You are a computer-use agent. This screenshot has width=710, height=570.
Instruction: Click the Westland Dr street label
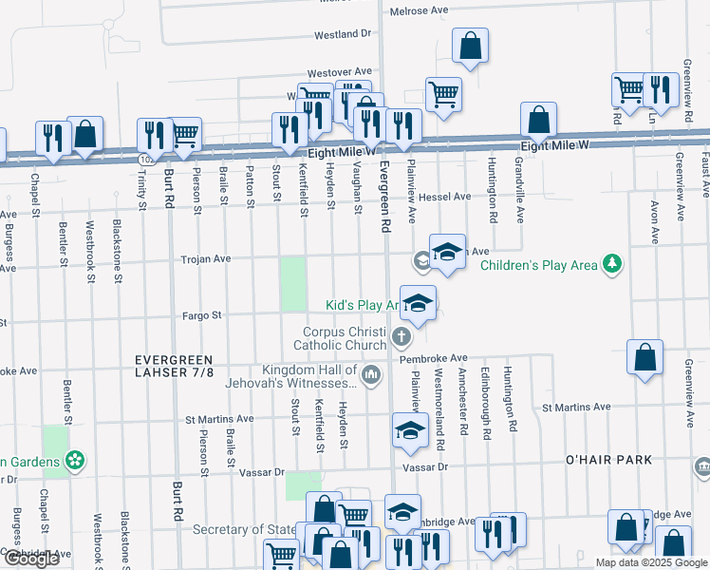click(x=343, y=34)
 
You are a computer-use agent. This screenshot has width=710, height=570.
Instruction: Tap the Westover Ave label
click(x=339, y=72)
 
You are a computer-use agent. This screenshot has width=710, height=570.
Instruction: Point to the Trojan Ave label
click(x=207, y=258)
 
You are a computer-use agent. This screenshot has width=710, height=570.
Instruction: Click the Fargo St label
click(x=202, y=314)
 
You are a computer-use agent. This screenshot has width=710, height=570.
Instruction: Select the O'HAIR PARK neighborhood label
click(x=607, y=460)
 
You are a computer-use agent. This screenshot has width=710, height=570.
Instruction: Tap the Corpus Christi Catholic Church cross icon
click(x=402, y=336)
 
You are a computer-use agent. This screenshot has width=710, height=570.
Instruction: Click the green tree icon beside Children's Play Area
click(x=613, y=264)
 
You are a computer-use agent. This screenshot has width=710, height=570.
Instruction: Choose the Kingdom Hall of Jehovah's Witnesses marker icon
click(x=371, y=376)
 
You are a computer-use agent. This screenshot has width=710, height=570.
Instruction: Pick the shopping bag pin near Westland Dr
click(x=470, y=45)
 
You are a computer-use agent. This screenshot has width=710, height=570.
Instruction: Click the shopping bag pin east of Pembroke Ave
click(x=645, y=358)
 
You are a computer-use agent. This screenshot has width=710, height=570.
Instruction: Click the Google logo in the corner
click(x=30, y=560)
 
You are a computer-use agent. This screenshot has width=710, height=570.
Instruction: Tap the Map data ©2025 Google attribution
click(x=651, y=562)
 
